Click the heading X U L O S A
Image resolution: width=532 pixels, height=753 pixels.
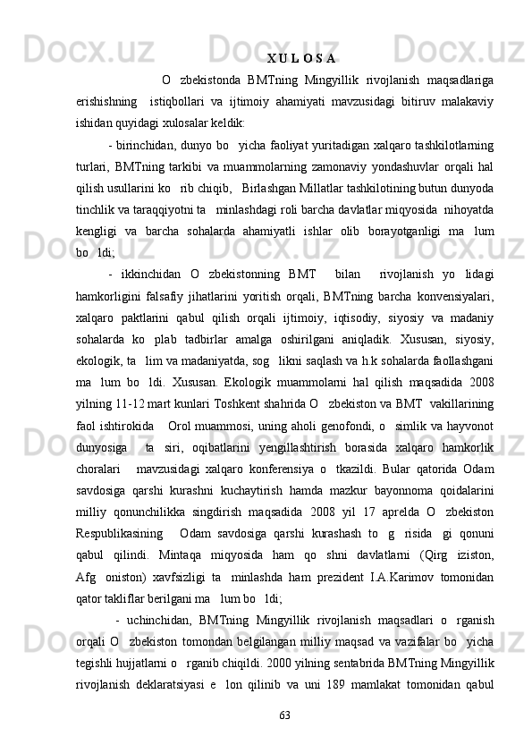tap(300, 60)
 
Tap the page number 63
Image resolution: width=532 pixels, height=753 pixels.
tap(285, 715)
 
